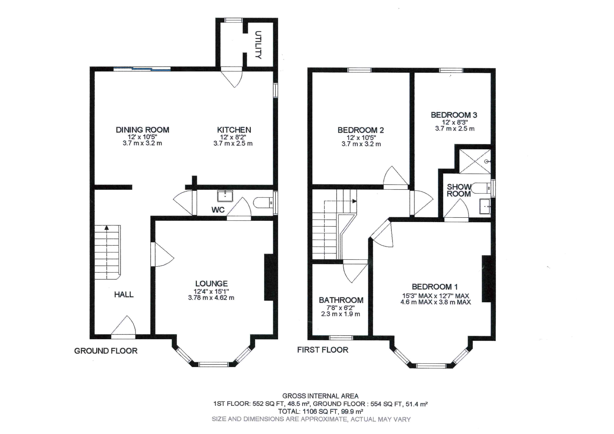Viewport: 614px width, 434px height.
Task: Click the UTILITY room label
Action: tap(258, 45)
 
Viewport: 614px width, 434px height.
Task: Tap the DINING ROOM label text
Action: tap(142, 130)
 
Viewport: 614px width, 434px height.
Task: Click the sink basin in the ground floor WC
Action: tap(225, 196)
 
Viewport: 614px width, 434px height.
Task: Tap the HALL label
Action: tap(124, 295)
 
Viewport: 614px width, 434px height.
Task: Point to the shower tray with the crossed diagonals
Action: tap(475, 162)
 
